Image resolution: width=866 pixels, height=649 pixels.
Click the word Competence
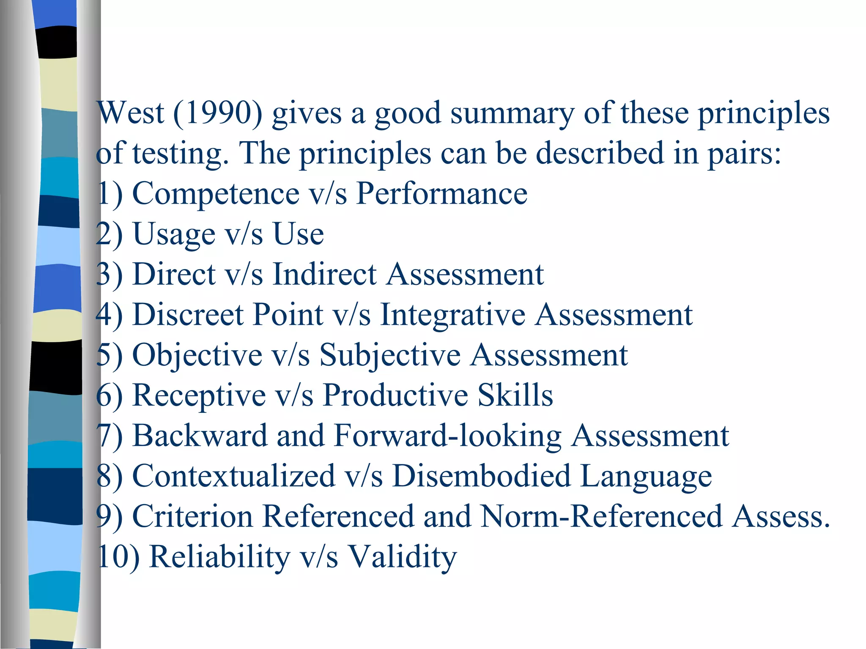point(216,194)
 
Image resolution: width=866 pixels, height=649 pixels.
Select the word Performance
point(442,194)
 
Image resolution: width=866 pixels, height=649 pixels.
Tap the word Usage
point(174,234)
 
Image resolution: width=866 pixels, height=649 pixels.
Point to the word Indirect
point(324,274)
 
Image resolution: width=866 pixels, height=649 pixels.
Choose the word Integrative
point(452,315)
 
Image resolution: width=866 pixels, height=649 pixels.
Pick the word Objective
point(197,355)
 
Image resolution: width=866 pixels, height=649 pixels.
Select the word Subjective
point(389,355)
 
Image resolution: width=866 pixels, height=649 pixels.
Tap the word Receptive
point(199,395)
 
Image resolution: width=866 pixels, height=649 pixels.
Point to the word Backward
point(200,436)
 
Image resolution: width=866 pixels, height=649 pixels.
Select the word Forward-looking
point(447,436)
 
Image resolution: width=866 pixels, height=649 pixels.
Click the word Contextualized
point(233,476)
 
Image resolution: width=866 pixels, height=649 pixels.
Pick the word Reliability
point(220,556)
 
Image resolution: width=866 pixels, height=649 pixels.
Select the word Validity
point(402,556)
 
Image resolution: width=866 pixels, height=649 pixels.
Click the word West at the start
point(130,113)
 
